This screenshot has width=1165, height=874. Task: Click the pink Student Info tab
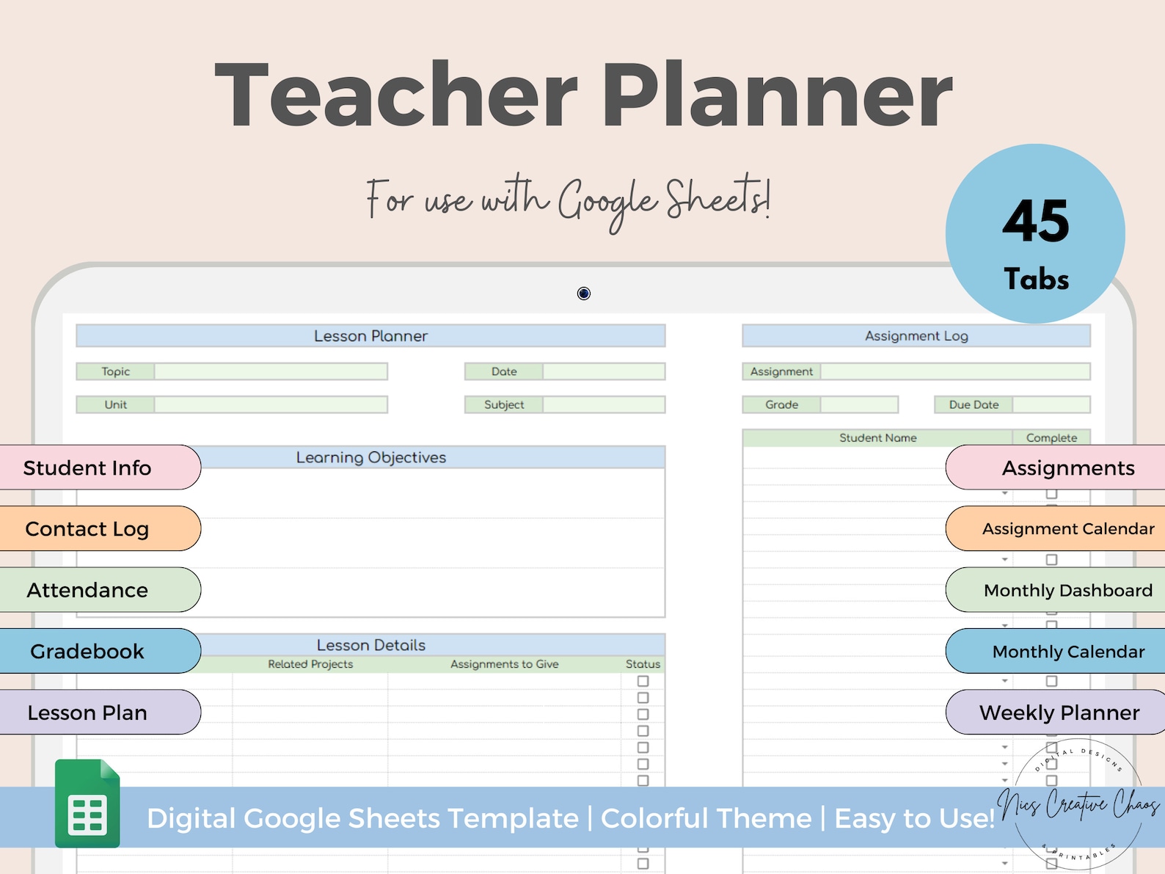[x=88, y=467]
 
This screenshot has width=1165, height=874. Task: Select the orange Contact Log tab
[x=88, y=528]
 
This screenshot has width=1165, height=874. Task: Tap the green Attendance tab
[x=88, y=590]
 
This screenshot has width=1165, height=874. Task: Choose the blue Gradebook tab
[x=88, y=651]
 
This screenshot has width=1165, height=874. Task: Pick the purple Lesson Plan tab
[x=88, y=713]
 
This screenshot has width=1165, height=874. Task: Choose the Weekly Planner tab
[x=1059, y=713]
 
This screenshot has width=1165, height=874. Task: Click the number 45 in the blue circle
[x=1036, y=221]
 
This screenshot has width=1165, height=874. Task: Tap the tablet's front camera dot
[x=584, y=294]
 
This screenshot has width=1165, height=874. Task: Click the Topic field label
[x=116, y=371]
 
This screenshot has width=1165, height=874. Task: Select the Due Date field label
[x=974, y=404]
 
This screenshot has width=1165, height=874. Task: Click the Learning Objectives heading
[x=371, y=457]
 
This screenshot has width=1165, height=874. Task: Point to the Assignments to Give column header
[x=504, y=664]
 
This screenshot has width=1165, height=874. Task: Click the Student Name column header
[x=877, y=438]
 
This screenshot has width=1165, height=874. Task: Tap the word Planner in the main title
[x=777, y=95]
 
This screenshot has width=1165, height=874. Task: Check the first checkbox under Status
[x=643, y=681]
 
